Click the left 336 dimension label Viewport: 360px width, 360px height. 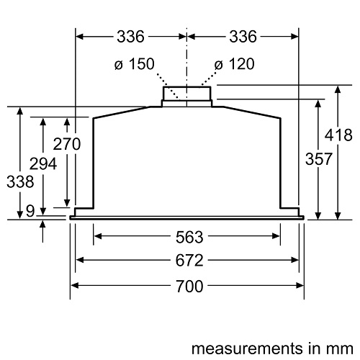tap(130, 35)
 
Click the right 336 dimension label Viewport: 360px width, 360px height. tap(243, 35)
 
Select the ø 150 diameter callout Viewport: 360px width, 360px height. tap(133, 65)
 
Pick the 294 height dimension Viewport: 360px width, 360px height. tap(44, 164)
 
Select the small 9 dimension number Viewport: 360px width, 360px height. tap(30, 211)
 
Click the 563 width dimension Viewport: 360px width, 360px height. tap(186, 236)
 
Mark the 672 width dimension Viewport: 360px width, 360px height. tap(186, 260)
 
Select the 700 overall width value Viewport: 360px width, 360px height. tap(186, 285)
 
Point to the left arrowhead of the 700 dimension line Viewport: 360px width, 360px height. tap(73, 285)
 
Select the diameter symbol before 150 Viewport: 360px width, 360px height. tap(118, 65)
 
